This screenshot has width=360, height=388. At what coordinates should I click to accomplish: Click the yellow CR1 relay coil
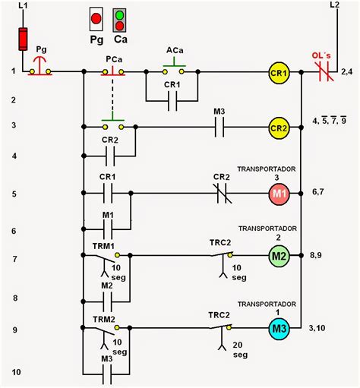click(279, 73)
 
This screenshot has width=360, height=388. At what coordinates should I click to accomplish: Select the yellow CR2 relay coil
click(279, 128)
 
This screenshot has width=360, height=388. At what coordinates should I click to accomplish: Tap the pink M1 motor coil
click(279, 194)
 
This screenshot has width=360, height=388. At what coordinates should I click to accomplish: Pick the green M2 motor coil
click(279, 256)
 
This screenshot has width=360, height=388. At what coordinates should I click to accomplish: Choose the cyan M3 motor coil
click(279, 329)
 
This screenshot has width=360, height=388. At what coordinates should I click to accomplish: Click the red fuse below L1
click(23, 39)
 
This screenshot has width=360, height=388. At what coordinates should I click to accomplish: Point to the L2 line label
click(334, 5)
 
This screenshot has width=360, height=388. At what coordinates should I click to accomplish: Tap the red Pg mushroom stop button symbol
click(40, 66)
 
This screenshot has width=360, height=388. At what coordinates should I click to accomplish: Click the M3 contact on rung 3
click(219, 127)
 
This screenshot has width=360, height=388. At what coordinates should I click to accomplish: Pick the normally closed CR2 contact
click(223, 194)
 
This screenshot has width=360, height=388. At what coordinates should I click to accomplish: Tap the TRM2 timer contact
click(106, 336)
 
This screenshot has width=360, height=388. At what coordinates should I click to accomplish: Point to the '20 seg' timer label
click(240, 349)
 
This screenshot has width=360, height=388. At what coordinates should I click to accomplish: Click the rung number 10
click(16, 372)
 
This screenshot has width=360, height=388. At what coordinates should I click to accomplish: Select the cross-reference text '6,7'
click(318, 192)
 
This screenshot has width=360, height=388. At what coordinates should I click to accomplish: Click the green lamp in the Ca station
click(119, 15)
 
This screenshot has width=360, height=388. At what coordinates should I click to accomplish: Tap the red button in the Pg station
click(96, 19)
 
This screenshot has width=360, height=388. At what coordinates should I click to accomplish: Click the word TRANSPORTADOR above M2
click(267, 229)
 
